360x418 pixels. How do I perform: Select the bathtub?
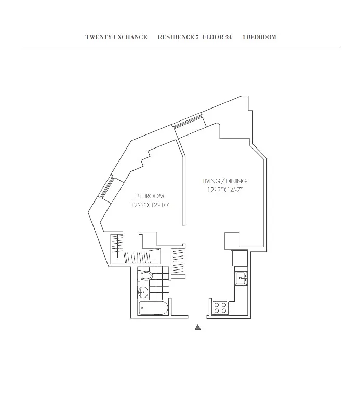[x=153, y=308]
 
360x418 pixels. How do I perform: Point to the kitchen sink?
[x=241, y=278]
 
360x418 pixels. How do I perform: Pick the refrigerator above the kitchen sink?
[x=240, y=258]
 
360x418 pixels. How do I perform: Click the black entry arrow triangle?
[x=197, y=327]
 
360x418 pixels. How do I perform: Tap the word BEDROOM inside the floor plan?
[x=150, y=196]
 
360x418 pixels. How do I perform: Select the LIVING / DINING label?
[x=224, y=181]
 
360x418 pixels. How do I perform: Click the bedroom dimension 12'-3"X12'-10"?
[x=150, y=205]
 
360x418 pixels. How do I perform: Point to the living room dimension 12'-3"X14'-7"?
[x=224, y=190]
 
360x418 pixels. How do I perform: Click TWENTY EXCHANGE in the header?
[x=116, y=37]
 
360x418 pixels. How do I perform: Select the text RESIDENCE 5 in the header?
[x=178, y=37]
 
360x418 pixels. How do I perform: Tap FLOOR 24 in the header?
[x=217, y=37]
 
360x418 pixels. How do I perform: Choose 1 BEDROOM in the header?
[x=259, y=37]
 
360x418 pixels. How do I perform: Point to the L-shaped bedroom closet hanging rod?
[x=132, y=252]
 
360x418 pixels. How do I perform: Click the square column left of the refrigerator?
[x=231, y=240]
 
